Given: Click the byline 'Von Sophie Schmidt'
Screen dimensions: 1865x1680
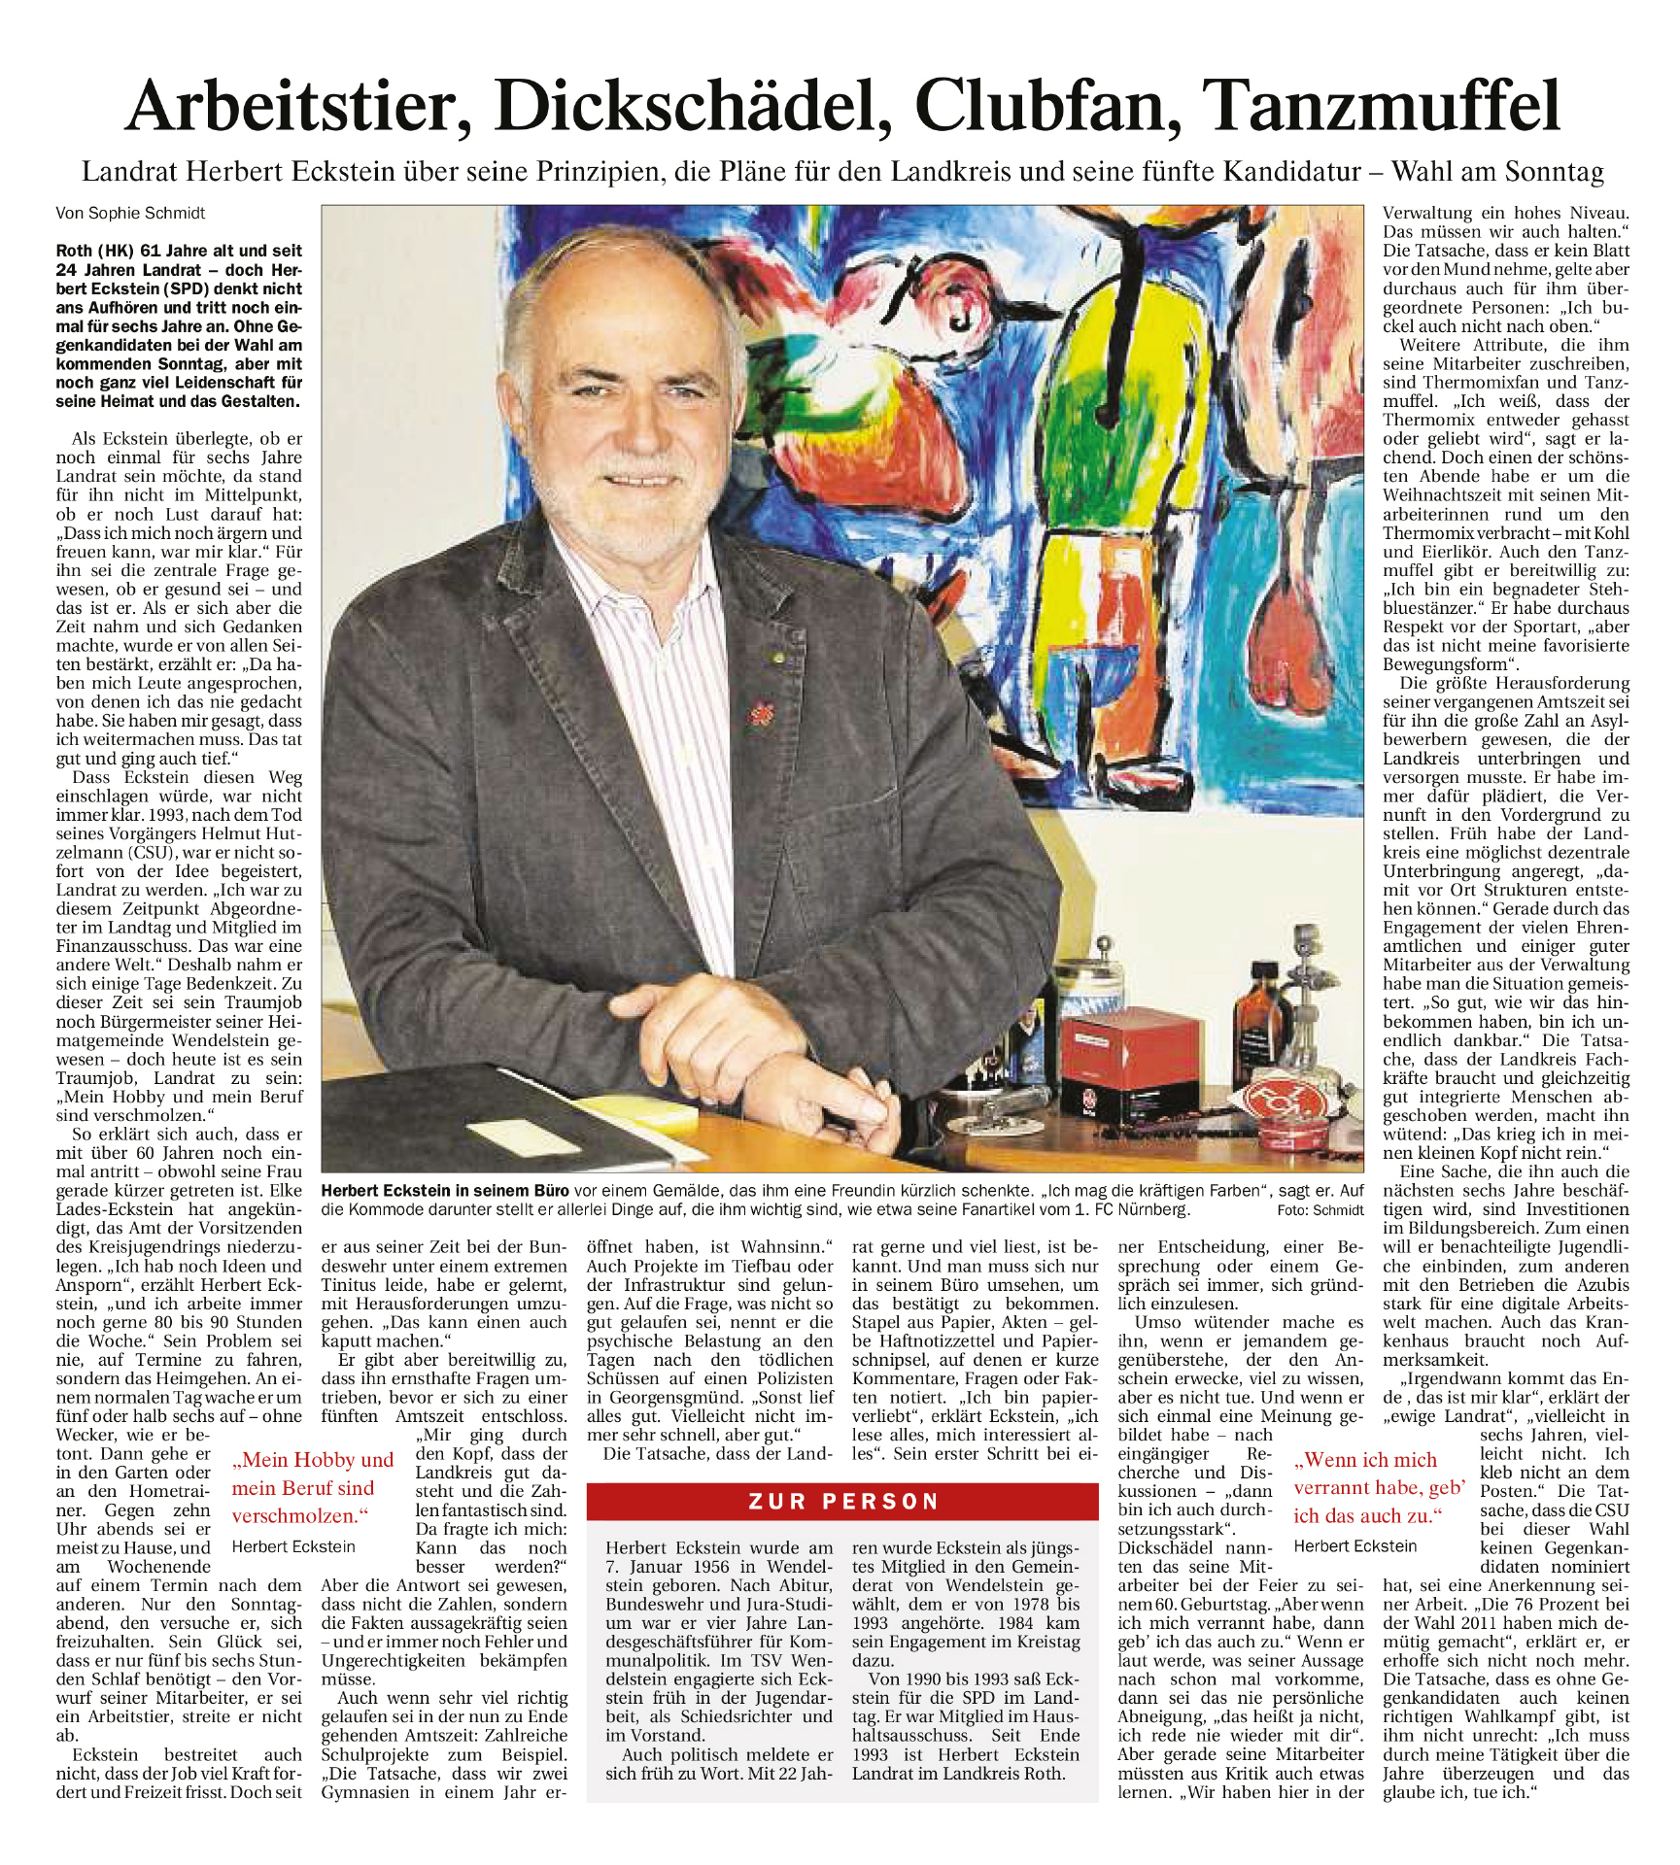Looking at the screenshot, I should tap(130, 213).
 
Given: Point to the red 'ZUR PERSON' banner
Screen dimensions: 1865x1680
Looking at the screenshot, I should tap(842, 1501).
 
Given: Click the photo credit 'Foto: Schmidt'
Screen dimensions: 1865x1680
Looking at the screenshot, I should tap(1321, 1210).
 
